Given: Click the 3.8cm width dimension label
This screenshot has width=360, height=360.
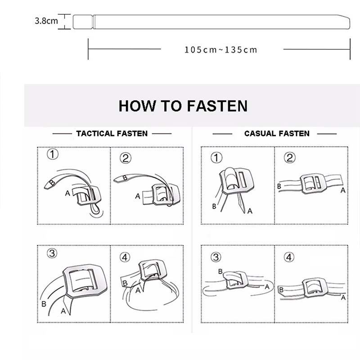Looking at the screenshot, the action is pyautogui.click(x=46, y=21).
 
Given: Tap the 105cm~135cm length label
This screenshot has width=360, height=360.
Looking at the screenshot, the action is pyautogui.click(x=221, y=50).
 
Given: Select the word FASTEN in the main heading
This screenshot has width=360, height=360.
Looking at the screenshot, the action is pyautogui.click(x=217, y=106).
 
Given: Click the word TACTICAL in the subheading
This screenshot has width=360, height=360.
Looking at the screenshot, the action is pyautogui.click(x=95, y=134).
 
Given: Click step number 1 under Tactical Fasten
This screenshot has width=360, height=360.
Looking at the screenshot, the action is pyautogui.click(x=53, y=154).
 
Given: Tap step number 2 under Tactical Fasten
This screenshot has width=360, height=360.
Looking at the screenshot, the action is pyautogui.click(x=126, y=158).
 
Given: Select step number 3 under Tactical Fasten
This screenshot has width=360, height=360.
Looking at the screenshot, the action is pyautogui.click(x=52, y=253).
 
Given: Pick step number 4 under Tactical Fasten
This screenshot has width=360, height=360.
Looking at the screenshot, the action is pyautogui.click(x=125, y=257).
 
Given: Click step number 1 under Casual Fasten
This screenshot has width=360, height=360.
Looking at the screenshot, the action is pyautogui.click(x=216, y=158).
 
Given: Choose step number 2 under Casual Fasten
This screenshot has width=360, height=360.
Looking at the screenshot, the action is pyautogui.click(x=289, y=158).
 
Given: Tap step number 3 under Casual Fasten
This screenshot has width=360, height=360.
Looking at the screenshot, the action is pyautogui.click(x=216, y=257).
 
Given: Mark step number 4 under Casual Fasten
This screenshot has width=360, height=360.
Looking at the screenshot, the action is pyautogui.click(x=289, y=257).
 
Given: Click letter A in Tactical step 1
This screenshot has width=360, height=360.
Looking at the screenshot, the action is pyautogui.click(x=67, y=193).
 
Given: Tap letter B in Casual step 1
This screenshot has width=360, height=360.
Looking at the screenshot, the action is pyautogui.click(x=214, y=207).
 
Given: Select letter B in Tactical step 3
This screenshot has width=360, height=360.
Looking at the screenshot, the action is pyautogui.click(x=44, y=304).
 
